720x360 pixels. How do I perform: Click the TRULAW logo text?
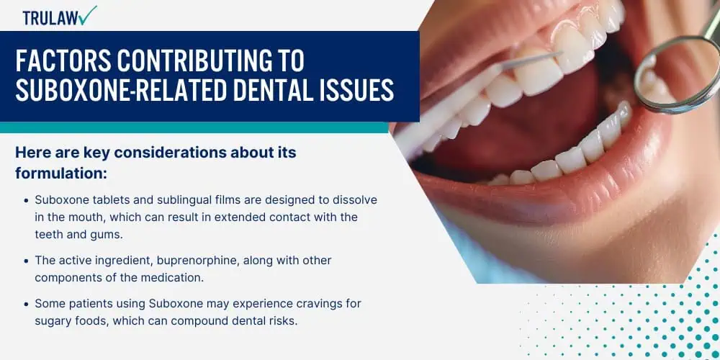coord(50,18)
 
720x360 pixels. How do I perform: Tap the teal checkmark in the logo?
coord(87,15)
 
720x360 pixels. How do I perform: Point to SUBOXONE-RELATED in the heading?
coord(121,89)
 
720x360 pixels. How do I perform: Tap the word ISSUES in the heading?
coord(361,89)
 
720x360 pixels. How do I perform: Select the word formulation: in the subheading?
coord(61,174)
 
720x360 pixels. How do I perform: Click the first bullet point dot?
coord(26,201)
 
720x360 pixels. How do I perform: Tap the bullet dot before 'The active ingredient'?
coord(26,261)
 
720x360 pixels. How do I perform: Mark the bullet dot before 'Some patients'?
coord(26,304)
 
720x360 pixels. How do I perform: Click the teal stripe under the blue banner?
coord(194,127)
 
